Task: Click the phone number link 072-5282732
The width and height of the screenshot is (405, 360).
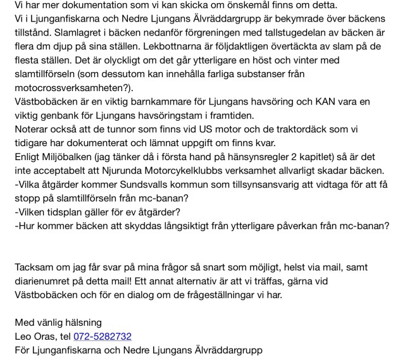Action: click(x=103, y=336)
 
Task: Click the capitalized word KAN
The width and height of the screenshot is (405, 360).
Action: click(x=335, y=101)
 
